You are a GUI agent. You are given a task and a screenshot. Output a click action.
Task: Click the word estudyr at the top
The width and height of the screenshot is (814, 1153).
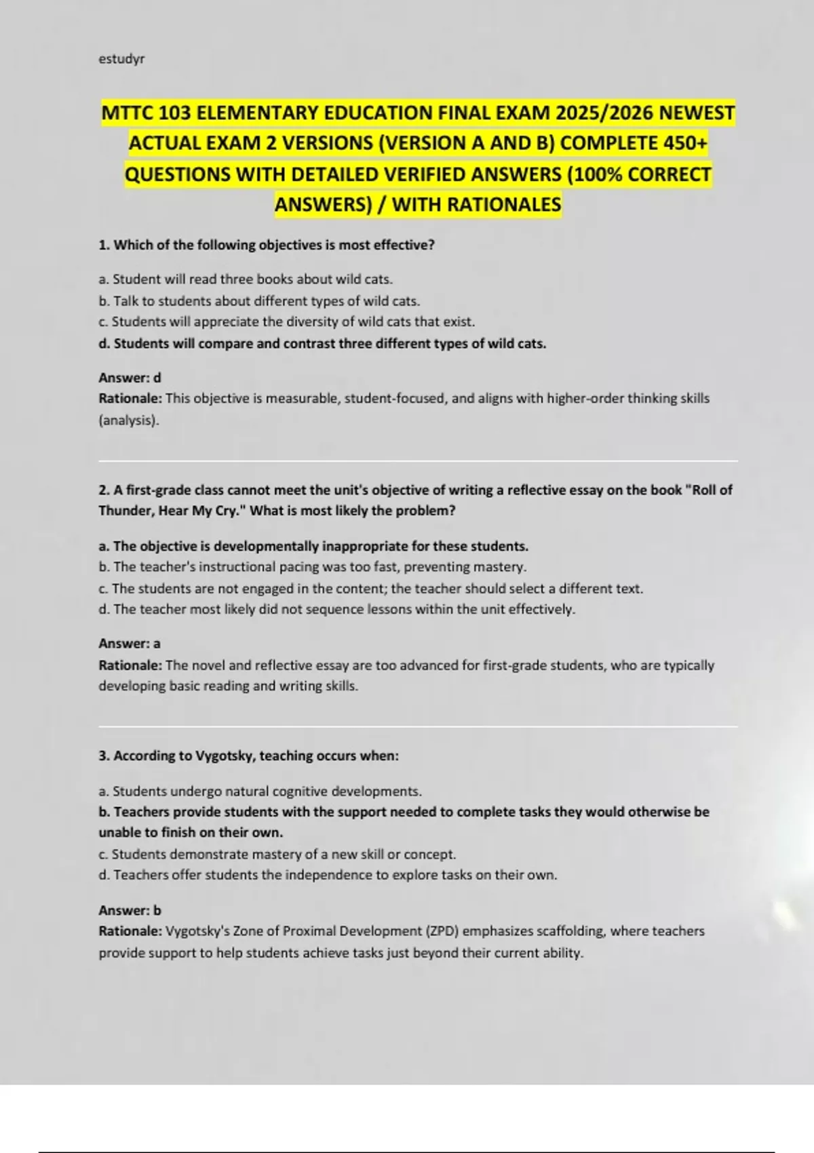[x=121, y=59]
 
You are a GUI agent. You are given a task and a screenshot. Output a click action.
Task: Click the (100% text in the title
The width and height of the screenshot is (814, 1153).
[x=595, y=175]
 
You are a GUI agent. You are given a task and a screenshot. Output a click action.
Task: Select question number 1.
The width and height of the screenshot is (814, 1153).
[x=104, y=246]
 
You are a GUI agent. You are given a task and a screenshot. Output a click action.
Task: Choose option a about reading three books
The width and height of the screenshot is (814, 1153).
[x=246, y=279]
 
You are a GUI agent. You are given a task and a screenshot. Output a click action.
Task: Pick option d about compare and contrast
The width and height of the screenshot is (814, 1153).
[x=322, y=344]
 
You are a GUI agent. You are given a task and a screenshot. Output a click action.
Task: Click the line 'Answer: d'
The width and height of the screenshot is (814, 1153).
[x=130, y=378]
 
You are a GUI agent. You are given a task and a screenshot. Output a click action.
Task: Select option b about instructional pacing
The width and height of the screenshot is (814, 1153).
[x=312, y=567]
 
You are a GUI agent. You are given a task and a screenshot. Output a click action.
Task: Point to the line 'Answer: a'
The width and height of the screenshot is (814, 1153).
[x=130, y=644]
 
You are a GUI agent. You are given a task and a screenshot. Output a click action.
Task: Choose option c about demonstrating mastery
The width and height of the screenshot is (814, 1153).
[x=277, y=855]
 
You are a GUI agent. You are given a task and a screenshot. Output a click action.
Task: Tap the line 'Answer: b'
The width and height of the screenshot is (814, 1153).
[x=130, y=911]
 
